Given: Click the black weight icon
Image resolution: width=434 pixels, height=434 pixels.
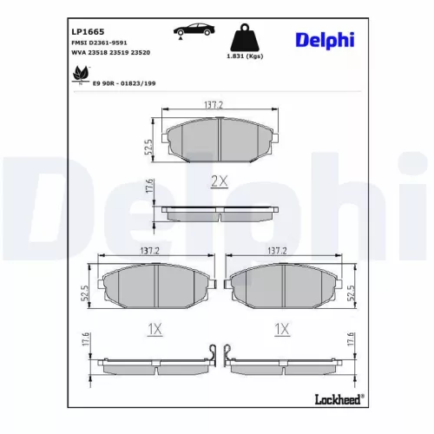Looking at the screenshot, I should (245, 38).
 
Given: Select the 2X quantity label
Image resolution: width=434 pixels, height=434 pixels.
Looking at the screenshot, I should (219, 181).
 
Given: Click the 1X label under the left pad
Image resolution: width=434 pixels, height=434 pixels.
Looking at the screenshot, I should (154, 329).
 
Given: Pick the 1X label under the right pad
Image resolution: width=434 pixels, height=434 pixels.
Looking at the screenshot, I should (279, 329).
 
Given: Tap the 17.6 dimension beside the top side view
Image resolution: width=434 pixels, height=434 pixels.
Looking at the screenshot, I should (149, 186).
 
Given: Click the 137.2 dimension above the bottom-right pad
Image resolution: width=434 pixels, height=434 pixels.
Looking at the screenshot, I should (278, 250).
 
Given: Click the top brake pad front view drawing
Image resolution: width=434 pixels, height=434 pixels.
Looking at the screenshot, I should (219, 138).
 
